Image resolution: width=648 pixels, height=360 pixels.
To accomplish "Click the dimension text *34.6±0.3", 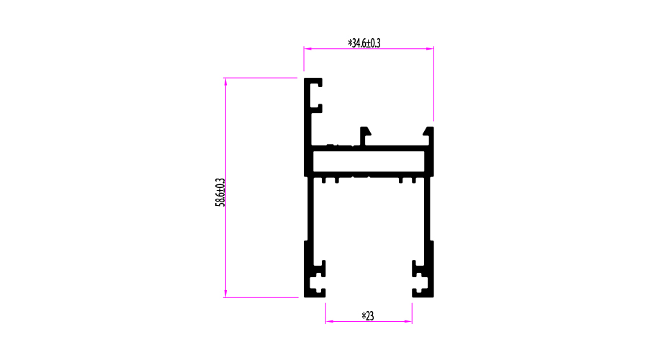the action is point(364,43).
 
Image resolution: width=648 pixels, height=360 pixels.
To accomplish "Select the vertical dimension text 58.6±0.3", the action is point(220,192).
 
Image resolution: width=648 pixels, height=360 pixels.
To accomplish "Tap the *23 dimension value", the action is point(368,316).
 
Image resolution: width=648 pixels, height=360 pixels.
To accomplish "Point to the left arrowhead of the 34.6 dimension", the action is point(307,49).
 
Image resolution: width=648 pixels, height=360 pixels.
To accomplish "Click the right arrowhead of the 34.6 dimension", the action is point(430,49).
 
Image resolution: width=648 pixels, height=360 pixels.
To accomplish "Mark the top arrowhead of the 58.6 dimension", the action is point(225,82).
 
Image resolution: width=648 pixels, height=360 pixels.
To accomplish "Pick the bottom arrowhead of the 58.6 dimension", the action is point(225,294).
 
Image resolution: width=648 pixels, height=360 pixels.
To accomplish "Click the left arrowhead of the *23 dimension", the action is point(329,321).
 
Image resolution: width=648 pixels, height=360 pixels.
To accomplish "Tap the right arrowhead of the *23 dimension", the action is point(408,321).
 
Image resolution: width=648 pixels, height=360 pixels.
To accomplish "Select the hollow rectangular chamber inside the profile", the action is point(369,161).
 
